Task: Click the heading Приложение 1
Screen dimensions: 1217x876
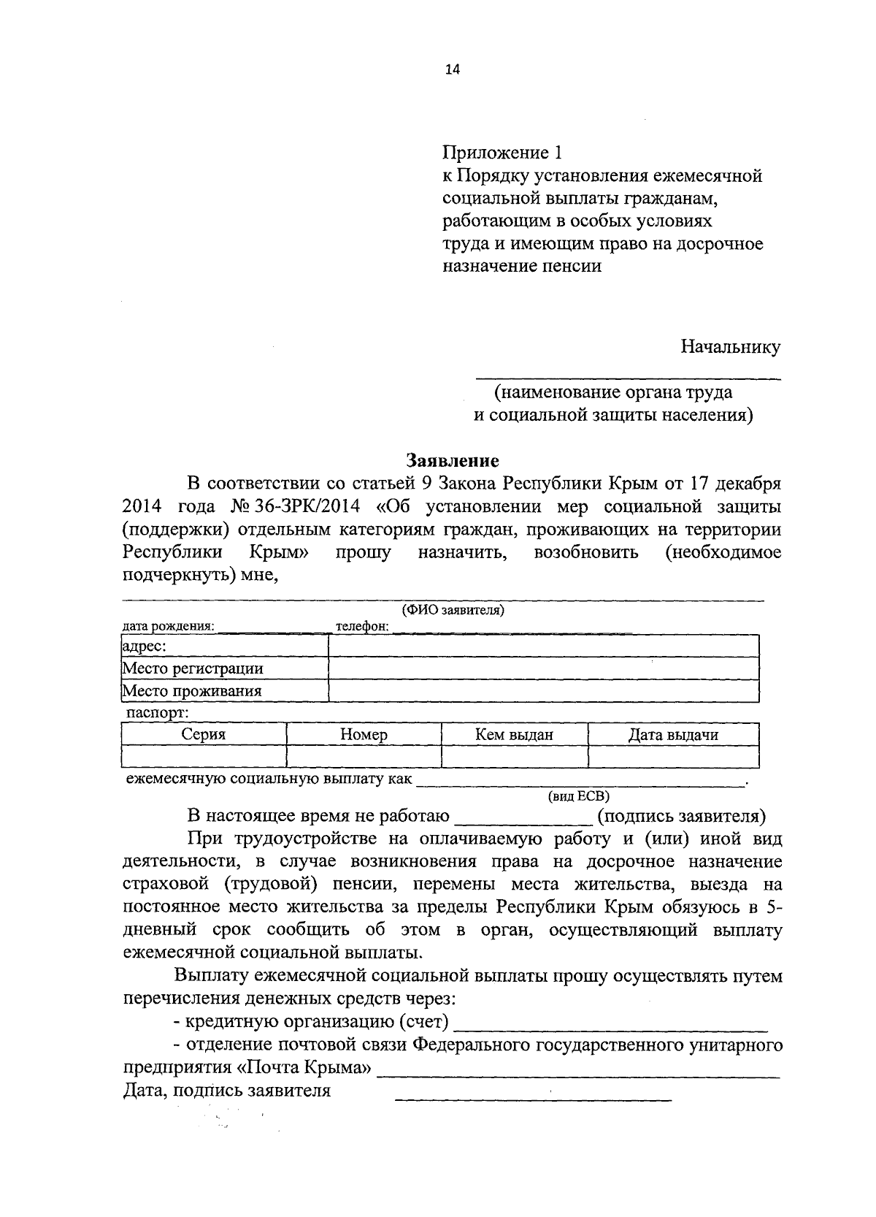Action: [x=503, y=153]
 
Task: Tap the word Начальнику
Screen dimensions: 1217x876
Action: [x=730, y=346]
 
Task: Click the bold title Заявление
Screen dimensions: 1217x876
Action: [x=453, y=460]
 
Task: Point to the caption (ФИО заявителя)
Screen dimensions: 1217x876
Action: [x=453, y=610]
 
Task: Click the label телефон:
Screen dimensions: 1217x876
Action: [x=361, y=626]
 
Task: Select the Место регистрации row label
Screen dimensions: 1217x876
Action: [x=193, y=668]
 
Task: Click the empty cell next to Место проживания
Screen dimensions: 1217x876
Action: [x=544, y=690]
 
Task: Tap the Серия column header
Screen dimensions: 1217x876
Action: [x=203, y=735]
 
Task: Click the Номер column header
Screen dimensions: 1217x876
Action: [x=364, y=735]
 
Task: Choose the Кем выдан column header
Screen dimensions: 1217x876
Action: [x=514, y=735]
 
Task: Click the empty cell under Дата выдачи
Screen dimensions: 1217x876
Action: [x=673, y=757]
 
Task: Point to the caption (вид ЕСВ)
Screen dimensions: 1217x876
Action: [x=578, y=796]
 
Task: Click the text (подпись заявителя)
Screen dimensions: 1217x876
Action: [x=680, y=816]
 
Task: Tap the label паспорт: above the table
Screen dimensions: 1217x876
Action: [x=157, y=712]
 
